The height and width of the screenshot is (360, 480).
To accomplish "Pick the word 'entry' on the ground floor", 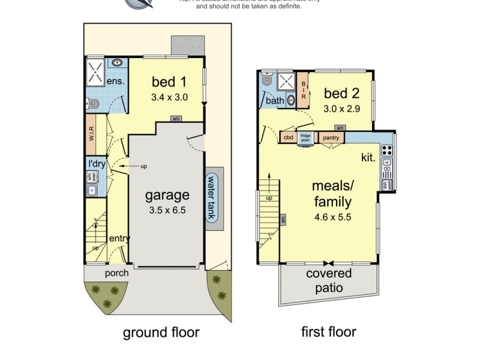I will pyautogui.click(x=119, y=238).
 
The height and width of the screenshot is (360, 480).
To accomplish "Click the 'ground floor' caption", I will pyautogui.click(x=161, y=332).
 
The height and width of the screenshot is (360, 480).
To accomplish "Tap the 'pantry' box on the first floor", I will pyautogui.click(x=331, y=137).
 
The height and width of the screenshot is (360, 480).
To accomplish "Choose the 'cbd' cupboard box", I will pyautogui.click(x=288, y=137).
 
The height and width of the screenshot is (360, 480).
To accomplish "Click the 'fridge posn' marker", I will pyautogui.click(x=305, y=138).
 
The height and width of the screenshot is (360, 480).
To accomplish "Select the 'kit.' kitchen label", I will pyautogui.click(x=368, y=157).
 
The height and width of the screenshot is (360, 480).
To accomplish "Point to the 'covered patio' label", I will pyautogui.click(x=329, y=280).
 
